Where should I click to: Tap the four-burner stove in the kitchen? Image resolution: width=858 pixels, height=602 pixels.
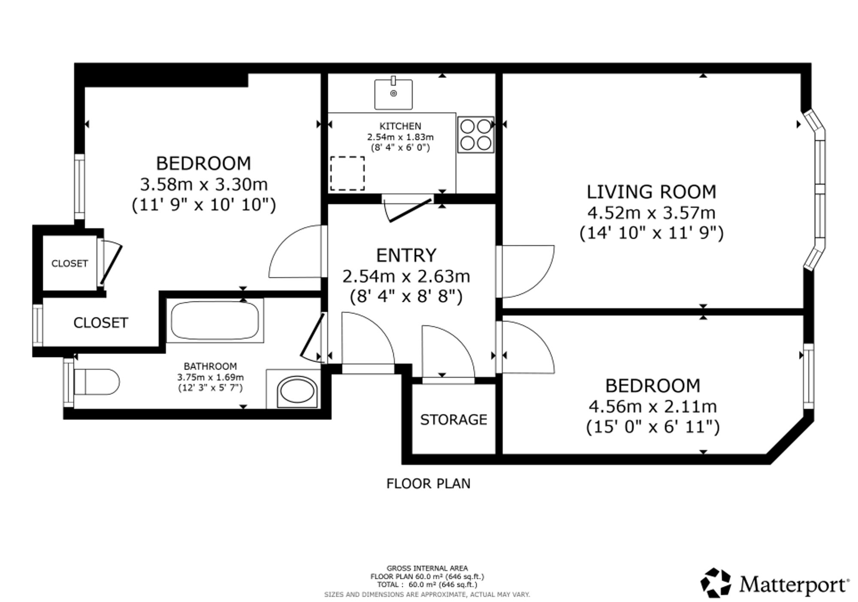(475, 135)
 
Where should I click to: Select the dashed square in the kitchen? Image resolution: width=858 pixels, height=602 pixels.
(347, 173)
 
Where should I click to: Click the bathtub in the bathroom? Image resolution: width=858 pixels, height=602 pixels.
(215, 320)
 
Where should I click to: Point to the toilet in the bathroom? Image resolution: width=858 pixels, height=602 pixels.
(97, 382)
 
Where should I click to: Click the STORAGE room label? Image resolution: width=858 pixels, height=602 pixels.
(453, 419)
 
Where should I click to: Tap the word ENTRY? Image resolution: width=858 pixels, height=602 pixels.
(406, 255)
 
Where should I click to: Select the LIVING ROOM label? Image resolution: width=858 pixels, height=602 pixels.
(651, 192)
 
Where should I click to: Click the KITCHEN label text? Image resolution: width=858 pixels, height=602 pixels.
(400, 126)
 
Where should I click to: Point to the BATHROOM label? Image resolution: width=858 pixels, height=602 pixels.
(210, 366)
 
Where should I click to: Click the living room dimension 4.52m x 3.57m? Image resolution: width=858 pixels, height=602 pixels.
(651, 213)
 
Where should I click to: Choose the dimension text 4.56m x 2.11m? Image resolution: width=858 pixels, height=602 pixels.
(653, 406)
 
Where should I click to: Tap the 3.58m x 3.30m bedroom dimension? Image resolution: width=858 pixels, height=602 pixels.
(204, 184)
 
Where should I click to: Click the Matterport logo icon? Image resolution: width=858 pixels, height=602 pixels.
(716, 583)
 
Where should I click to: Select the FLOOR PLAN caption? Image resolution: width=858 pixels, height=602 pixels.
(428, 484)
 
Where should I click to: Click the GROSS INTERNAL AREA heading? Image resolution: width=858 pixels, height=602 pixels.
(427, 569)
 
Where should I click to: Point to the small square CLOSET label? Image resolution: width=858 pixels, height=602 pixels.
(69, 263)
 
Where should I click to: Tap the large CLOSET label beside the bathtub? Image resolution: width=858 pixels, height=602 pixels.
(100, 322)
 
